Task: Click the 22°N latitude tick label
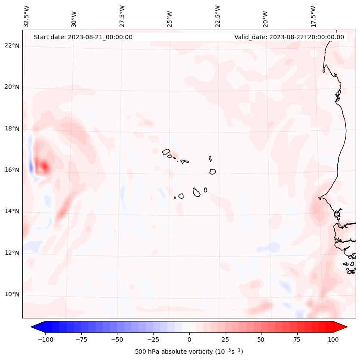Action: [12, 46]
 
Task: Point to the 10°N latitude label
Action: [12, 294]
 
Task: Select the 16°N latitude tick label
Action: [12, 170]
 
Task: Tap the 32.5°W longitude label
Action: [27, 16]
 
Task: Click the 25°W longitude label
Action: [170, 17]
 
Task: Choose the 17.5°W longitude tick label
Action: [313, 16]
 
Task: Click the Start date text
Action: [83, 37]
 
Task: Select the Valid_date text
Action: [289, 37]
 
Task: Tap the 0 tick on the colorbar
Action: [189, 339]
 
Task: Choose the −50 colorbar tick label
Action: [117, 339]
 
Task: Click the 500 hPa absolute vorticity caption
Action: [189, 352]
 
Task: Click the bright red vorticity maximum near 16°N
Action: [44, 167]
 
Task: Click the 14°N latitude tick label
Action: [12, 211]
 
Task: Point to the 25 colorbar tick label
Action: [225, 339]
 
